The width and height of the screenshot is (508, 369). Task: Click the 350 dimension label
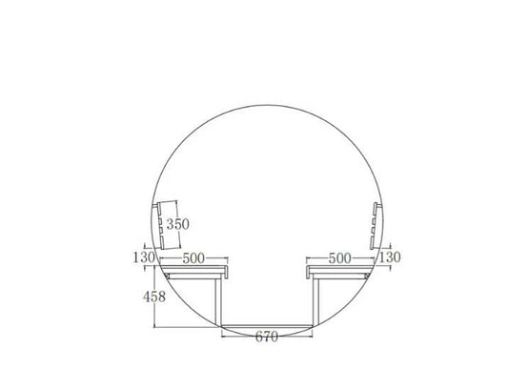pos(178,224)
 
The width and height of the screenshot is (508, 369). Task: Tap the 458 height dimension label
pos(154,297)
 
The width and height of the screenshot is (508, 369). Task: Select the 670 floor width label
pos(267,337)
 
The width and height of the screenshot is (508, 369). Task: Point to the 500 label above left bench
pos(193,258)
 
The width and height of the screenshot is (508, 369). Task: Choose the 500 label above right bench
pos(340,258)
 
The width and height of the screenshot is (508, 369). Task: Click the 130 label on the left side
pos(144,257)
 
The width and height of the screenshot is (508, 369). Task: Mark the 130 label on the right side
pos(390,257)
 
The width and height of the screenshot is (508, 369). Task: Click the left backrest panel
pos(160,226)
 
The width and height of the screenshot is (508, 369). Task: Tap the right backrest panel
pos(374,226)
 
